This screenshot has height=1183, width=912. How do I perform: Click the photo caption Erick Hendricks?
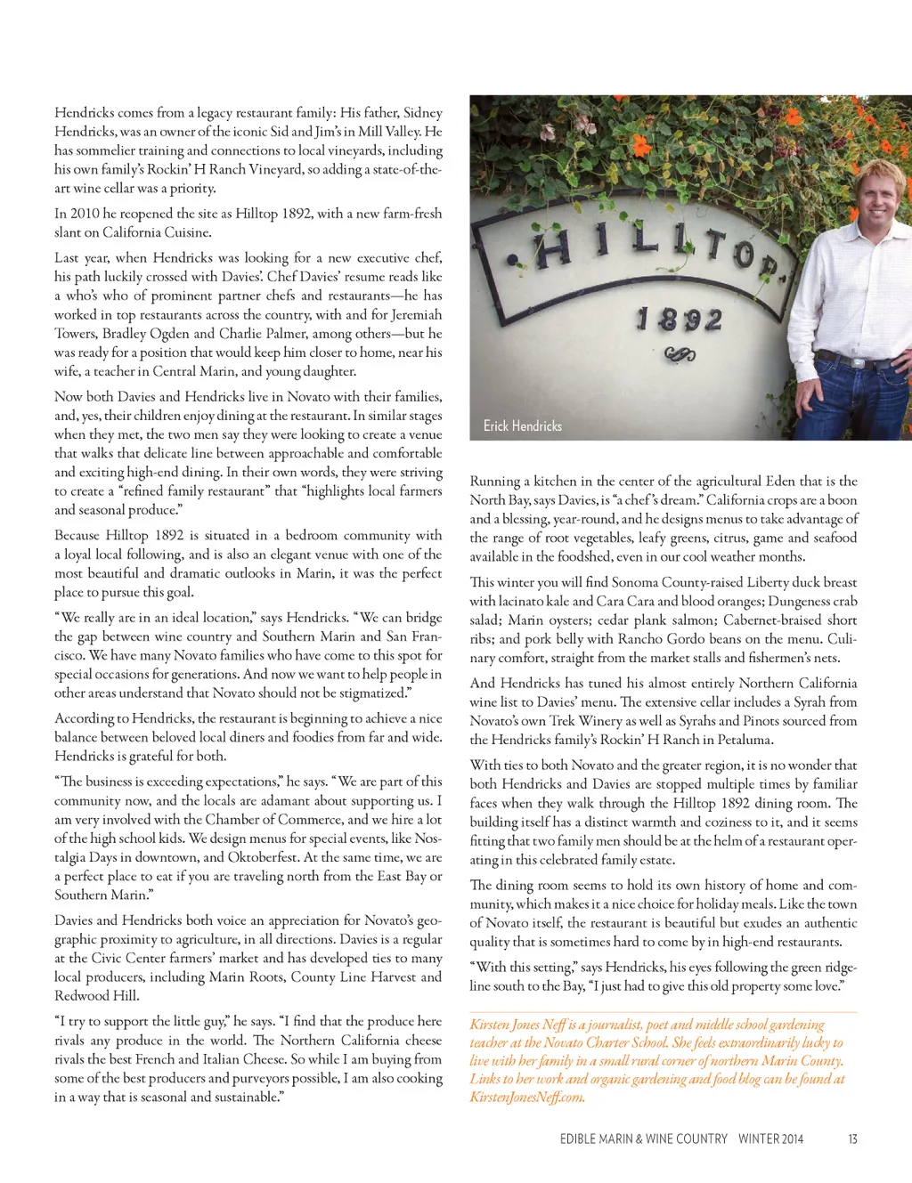[x=523, y=426]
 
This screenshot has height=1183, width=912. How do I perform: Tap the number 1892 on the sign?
[x=680, y=319]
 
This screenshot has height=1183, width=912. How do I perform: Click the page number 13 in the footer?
[x=852, y=1138]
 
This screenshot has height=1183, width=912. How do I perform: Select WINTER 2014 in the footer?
[x=770, y=1138]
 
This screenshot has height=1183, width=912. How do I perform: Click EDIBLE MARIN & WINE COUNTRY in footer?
[x=643, y=1138]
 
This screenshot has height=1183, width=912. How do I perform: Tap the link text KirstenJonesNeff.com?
[x=527, y=1097]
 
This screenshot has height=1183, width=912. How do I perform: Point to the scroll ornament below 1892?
[x=680, y=355]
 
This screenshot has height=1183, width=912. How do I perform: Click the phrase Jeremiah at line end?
[x=414, y=314]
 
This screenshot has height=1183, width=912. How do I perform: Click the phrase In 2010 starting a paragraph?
[x=77, y=214]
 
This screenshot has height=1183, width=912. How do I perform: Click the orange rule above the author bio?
[x=663, y=1012]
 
